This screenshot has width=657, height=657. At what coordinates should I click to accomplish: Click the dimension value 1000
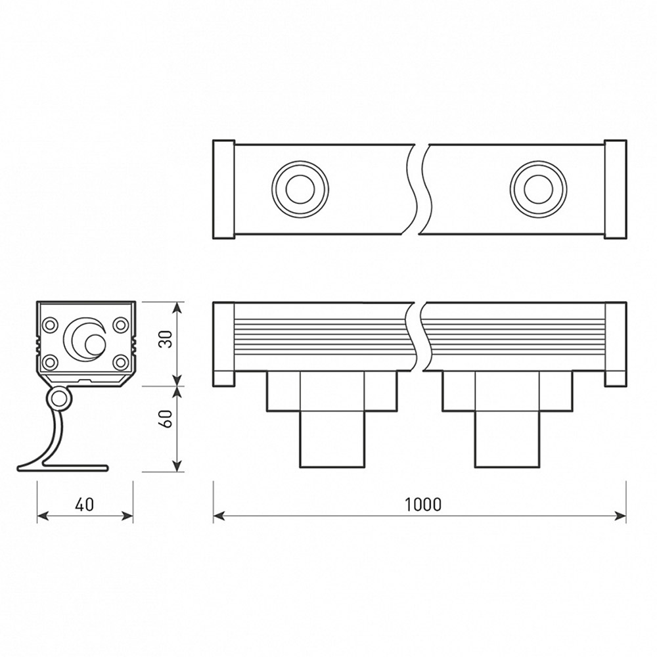(x=423, y=505)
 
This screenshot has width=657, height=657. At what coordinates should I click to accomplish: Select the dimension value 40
(x=85, y=505)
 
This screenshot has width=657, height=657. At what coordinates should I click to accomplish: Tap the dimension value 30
(x=167, y=340)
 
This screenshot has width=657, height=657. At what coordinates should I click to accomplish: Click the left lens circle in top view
(x=300, y=189)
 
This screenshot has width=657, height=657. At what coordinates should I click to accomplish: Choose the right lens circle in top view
(x=539, y=189)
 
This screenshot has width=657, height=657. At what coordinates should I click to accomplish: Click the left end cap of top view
(x=224, y=190)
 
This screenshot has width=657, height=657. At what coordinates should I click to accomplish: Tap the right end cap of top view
(x=615, y=190)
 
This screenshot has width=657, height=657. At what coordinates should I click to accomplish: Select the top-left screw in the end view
(x=49, y=325)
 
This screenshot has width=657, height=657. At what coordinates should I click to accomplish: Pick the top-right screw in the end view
(x=121, y=325)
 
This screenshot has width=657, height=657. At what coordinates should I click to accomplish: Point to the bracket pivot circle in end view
(x=58, y=398)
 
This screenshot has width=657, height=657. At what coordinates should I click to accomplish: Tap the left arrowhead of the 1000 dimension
(x=219, y=515)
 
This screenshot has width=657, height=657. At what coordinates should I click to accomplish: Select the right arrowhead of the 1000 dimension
(x=620, y=515)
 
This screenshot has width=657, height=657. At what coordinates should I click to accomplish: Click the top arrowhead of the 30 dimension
(x=178, y=308)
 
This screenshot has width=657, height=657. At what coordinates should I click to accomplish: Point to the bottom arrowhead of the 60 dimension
(x=178, y=466)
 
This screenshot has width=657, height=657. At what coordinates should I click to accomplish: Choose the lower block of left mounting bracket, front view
(x=332, y=439)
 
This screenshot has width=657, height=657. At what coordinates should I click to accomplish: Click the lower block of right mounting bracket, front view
(x=507, y=439)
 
